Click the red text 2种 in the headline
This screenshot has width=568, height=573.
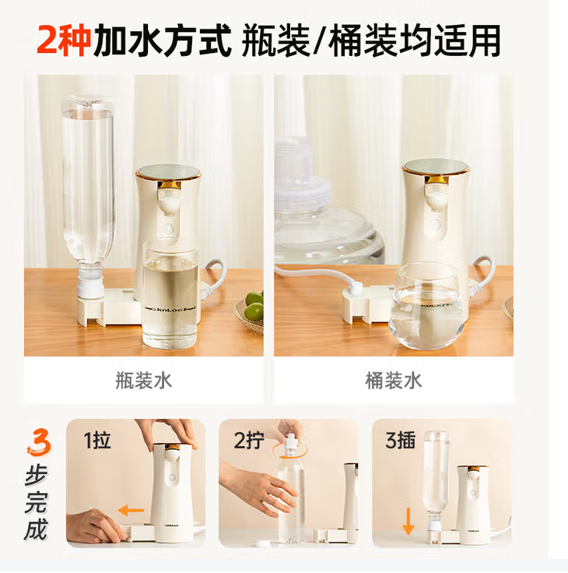[64, 40]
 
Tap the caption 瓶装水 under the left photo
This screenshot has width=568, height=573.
[143, 381]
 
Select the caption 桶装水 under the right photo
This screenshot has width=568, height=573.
[394, 381]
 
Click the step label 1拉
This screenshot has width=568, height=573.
[97, 440]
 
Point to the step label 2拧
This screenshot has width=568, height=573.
[249, 440]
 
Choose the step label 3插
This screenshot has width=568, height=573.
[401, 440]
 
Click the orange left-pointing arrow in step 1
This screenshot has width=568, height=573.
[131, 510]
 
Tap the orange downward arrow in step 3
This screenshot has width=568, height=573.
[408, 522]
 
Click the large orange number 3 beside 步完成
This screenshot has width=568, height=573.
[39, 442]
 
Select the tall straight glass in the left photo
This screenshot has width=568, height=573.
[170, 294]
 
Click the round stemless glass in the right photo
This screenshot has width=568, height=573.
[426, 306]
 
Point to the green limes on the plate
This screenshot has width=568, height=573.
[254, 305]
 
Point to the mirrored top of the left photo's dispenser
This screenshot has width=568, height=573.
[168, 171]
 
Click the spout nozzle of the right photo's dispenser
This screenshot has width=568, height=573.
[438, 199]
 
